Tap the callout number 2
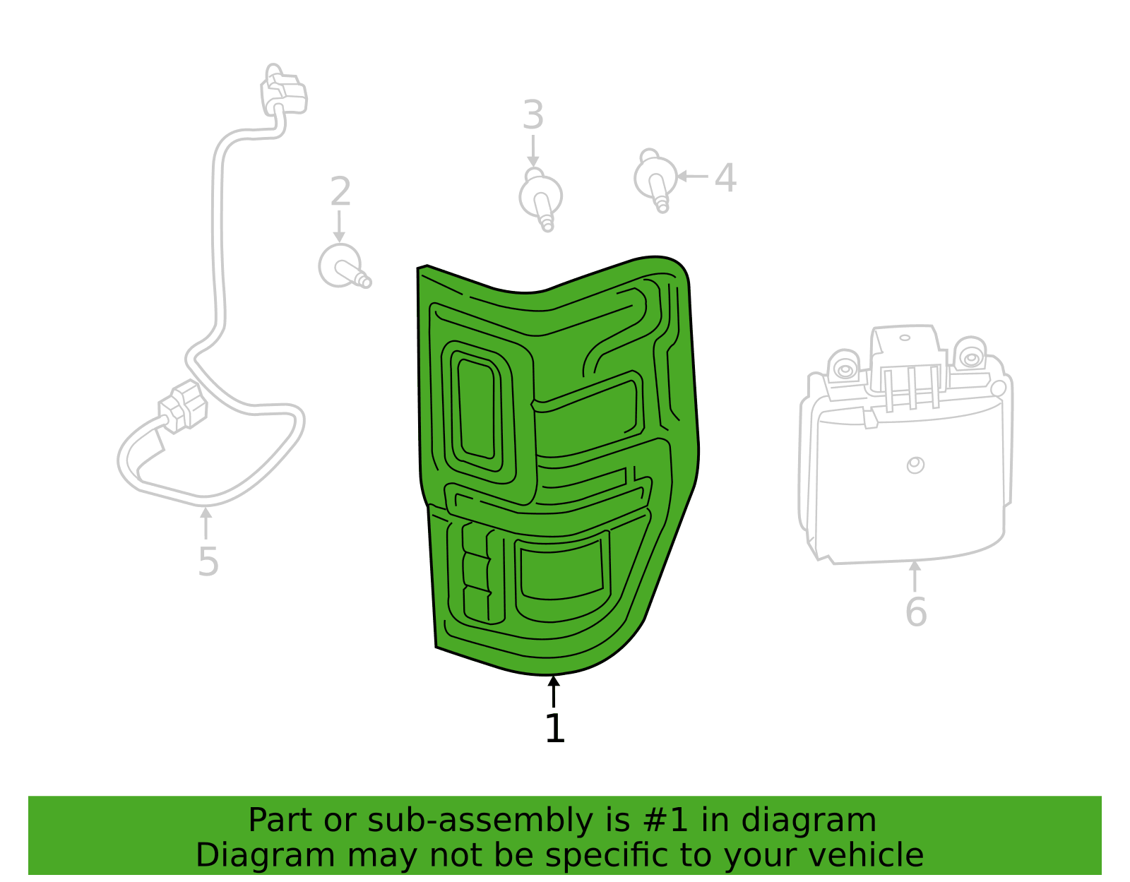340,191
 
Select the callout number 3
533,115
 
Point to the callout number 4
725,178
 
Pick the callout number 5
208,562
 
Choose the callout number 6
916,612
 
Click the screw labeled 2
344,266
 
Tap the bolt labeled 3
541,200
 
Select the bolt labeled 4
655,180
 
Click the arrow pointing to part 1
554,691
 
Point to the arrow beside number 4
693,177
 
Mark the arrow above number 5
206,523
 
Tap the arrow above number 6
915,576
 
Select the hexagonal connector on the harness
183,407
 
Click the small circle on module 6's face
916,465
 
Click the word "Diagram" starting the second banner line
266,855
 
